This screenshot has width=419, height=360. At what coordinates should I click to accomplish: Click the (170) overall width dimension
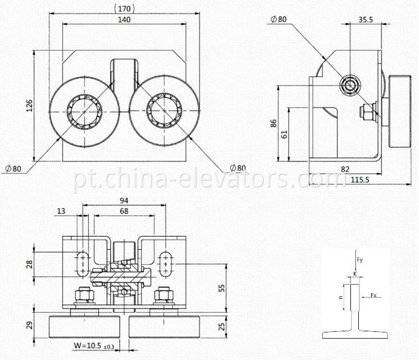pyautogui.click(x=124, y=9)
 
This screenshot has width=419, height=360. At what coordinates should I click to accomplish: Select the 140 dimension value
pyautogui.click(x=124, y=19)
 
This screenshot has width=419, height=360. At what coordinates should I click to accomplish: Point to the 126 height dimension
pyautogui.click(x=29, y=106)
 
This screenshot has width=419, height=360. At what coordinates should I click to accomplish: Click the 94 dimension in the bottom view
pyautogui.click(x=124, y=200)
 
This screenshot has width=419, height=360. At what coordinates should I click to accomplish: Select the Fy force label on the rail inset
pyautogui.click(x=360, y=260)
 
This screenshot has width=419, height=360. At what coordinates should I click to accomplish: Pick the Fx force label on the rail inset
pyautogui.click(x=373, y=294)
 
